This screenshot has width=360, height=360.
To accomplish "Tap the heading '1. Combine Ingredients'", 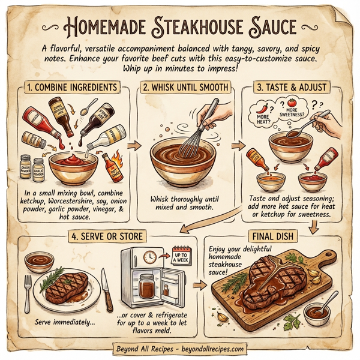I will (73, 88).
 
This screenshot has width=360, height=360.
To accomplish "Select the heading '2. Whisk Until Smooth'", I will (185, 88).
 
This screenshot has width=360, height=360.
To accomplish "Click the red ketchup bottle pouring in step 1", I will (34, 121).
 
